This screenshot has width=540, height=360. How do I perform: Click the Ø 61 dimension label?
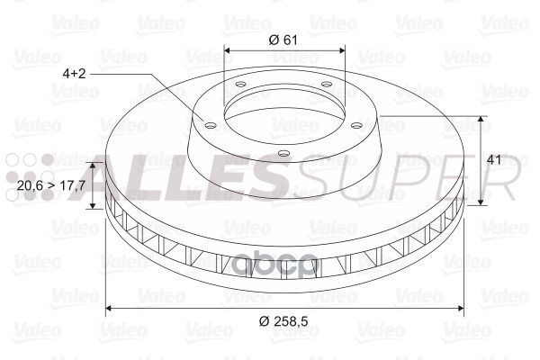[x=283, y=40]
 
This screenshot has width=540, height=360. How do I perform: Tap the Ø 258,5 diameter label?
[x=283, y=321]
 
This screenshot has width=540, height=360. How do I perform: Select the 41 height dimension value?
[x=494, y=160]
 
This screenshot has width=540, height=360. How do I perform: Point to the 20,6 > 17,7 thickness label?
[x=51, y=185]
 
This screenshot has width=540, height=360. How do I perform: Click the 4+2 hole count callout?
[x=74, y=74]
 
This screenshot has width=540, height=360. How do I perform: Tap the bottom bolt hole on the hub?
[x=283, y=153]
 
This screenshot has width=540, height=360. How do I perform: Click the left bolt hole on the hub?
[x=210, y=125]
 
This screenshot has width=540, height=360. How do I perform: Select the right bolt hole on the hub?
[x=356, y=125]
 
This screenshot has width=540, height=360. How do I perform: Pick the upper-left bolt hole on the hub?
[x=240, y=84]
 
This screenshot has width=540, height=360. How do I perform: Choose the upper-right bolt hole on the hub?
[x=326, y=84]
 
